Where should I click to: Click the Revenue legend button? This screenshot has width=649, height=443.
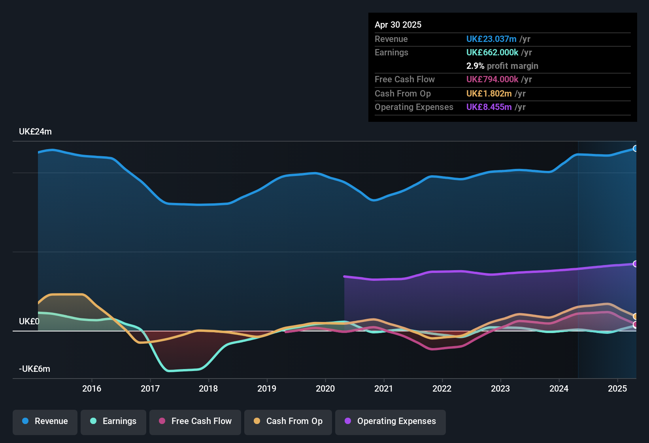click(x=45, y=421)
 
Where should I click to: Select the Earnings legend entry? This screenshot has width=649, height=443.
click(x=113, y=421)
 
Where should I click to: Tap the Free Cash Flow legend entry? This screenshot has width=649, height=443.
click(x=195, y=421)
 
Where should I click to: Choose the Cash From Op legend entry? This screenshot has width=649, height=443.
click(x=288, y=421)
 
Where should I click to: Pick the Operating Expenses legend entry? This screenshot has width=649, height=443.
click(x=391, y=421)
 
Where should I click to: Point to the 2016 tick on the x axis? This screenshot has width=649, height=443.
click(x=92, y=388)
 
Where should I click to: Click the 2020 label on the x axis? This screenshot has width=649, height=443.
click(x=325, y=388)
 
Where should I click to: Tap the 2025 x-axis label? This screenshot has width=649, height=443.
click(x=617, y=388)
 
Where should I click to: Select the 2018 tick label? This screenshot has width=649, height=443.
click(x=208, y=388)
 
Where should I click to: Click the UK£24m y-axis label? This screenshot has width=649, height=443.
click(x=35, y=132)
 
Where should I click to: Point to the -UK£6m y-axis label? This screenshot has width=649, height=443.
click(x=34, y=369)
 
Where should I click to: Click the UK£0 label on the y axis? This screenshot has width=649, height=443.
click(x=29, y=322)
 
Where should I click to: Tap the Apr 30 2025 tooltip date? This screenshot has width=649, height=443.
click(x=398, y=25)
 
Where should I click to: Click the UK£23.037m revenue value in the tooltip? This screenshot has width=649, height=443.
click(x=491, y=39)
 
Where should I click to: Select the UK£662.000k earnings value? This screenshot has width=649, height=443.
click(x=492, y=52)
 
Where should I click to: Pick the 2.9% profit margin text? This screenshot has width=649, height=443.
click(x=502, y=66)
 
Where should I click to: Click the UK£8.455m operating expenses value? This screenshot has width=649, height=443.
click(x=489, y=107)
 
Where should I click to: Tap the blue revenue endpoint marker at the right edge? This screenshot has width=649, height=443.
click(x=635, y=149)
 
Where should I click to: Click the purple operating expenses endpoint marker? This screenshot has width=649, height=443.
click(x=635, y=264)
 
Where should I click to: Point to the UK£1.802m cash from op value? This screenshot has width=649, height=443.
click(x=489, y=93)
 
